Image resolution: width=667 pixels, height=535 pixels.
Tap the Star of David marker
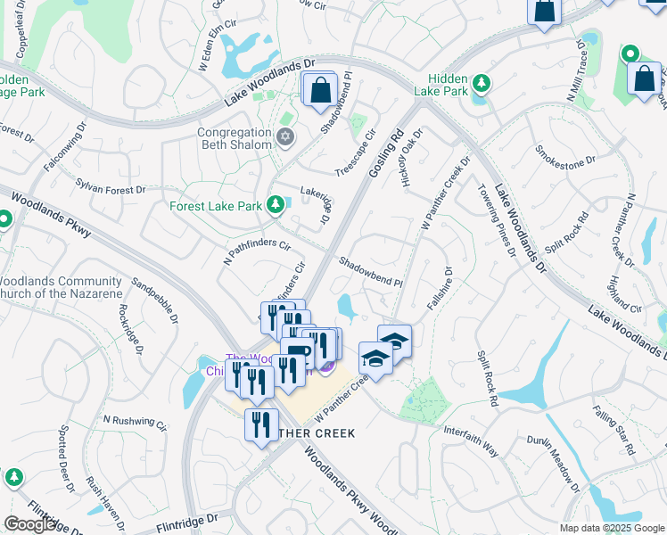[x=285, y=137]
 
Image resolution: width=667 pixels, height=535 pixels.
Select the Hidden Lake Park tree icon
[x=482, y=84]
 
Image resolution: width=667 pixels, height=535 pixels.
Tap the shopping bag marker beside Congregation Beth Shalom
[x=319, y=90]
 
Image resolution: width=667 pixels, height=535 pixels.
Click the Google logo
[x=30, y=524]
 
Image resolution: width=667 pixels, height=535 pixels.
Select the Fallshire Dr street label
[x=441, y=288]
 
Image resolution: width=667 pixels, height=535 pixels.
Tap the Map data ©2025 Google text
[x=611, y=528]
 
